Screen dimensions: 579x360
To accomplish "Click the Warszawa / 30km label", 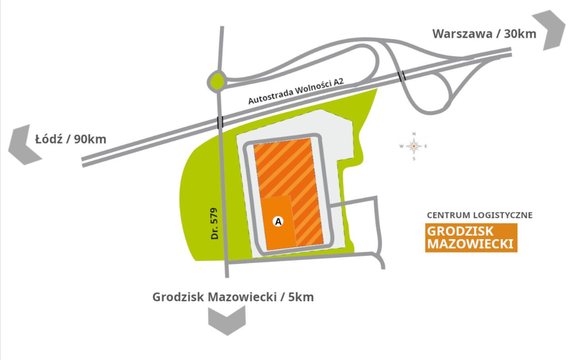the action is click(x=484, y=34).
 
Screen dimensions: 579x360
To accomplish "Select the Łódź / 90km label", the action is click(x=70, y=139).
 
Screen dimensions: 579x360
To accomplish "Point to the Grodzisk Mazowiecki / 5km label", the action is click(x=233, y=297).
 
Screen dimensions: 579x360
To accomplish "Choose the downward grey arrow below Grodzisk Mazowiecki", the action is click(x=227, y=320).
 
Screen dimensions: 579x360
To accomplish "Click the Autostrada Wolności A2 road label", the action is click(x=297, y=91).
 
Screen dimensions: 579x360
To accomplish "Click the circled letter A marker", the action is click(x=279, y=221).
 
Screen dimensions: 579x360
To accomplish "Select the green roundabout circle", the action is click(x=217, y=81).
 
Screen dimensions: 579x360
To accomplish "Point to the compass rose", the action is click(x=414, y=146).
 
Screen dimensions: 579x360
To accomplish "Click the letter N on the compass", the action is click(x=414, y=134).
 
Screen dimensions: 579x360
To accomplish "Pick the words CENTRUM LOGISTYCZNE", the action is click(x=480, y=215).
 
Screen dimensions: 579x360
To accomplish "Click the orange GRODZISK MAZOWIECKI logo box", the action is click(x=471, y=238).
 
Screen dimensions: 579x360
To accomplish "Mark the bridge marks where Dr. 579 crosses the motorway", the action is click(x=220, y=121).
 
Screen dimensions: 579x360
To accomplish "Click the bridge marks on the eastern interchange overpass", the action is click(x=402, y=76).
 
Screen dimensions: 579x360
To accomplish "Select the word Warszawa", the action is click(x=460, y=34).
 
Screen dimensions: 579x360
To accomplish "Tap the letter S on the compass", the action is click(x=414, y=159).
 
